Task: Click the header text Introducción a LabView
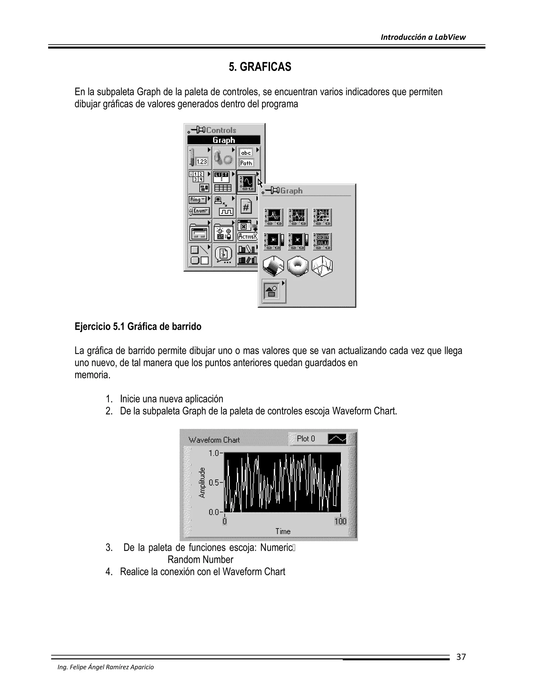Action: click(423, 37)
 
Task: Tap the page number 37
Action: click(461, 657)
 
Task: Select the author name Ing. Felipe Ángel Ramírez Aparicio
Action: click(105, 667)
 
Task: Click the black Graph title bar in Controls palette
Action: click(224, 140)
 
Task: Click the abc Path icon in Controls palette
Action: click(246, 158)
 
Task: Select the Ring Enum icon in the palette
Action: click(199, 206)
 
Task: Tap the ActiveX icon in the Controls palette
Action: click(247, 236)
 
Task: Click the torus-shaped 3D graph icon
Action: click(298, 266)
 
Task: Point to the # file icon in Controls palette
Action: click(246, 207)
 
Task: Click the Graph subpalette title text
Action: click(291, 191)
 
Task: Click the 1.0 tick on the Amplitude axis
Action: click(214, 453)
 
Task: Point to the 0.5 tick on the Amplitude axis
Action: click(214, 483)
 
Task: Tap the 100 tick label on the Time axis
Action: click(340, 521)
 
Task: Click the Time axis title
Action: click(283, 531)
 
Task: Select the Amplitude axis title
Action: click(202, 483)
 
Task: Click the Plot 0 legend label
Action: click(306, 439)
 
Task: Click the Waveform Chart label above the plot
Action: click(214, 440)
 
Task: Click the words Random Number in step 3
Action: click(200, 560)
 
